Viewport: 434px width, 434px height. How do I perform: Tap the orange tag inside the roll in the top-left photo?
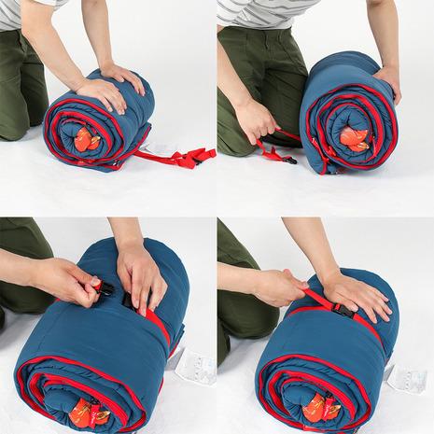click(x=86, y=140)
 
